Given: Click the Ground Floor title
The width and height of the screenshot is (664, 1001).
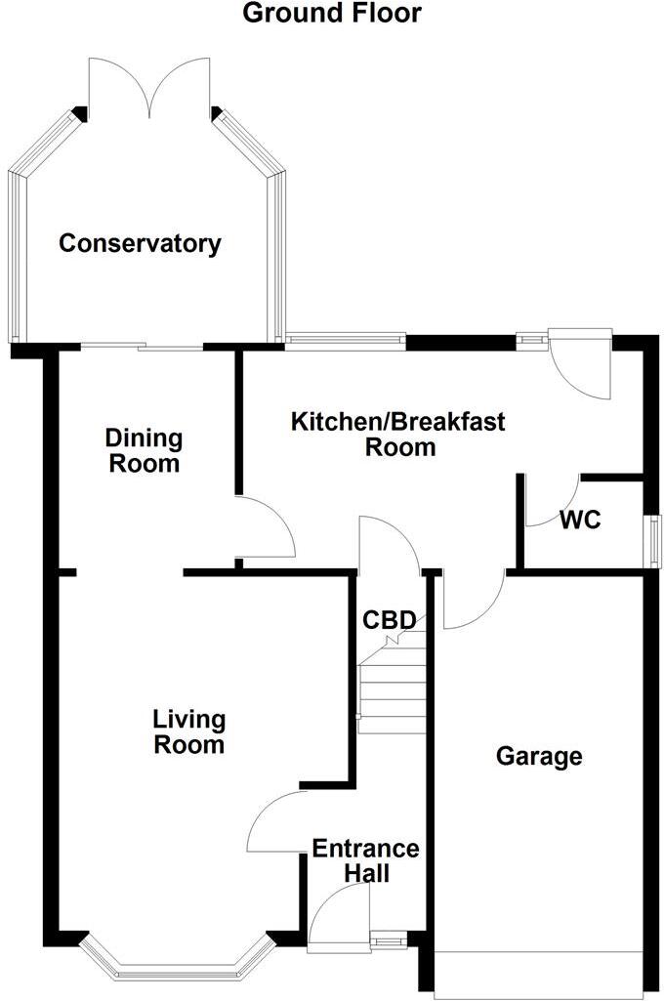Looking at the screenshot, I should click(x=332, y=14).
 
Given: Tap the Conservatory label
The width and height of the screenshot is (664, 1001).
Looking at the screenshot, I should click(x=140, y=243).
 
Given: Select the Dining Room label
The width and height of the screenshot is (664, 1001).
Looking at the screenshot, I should click(x=145, y=450).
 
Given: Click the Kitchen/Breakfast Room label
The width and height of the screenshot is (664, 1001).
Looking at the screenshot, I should click(x=398, y=435).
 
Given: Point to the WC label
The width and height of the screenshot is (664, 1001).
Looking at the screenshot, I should click(x=580, y=521).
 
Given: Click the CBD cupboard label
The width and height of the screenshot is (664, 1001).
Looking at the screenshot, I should click(x=390, y=619).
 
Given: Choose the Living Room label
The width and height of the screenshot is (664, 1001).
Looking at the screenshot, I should click(x=188, y=732).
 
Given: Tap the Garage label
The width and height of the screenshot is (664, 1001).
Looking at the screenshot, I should click(x=539, y=756).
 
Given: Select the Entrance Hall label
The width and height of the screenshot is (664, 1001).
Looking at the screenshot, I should click(x=365, y=860).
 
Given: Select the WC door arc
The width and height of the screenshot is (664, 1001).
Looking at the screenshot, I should click(x=549, y=502).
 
